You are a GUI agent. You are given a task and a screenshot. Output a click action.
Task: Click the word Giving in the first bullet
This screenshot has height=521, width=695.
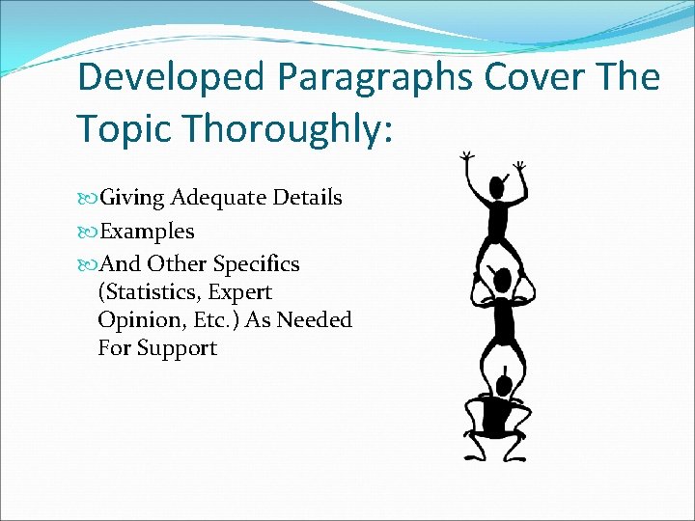[x=132, y=198]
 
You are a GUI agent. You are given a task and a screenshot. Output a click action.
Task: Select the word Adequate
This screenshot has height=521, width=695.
[x=219, y=198]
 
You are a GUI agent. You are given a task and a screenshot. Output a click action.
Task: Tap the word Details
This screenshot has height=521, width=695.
[x=307, y=198]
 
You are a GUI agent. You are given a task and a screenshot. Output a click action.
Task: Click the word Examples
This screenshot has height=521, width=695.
[x=148, y=232]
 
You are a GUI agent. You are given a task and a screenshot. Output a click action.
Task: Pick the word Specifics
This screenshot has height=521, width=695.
[x=256, y=264]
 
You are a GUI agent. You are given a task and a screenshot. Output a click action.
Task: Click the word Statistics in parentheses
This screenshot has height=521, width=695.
[x=149, y=292]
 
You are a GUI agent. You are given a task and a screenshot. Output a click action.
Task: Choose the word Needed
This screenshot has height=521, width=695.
[x=315, y=319]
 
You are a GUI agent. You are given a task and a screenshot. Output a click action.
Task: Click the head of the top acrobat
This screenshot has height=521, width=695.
[x=498, y=186]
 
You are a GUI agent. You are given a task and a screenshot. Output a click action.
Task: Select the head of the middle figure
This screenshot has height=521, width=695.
[x=501, y=281]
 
